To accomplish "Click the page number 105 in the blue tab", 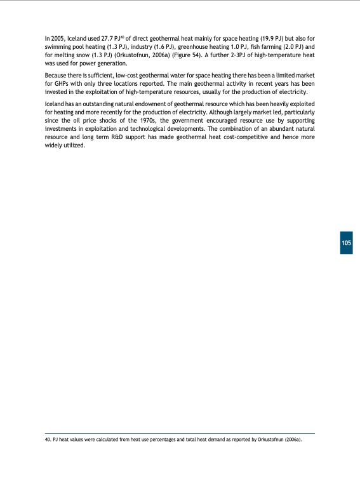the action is (x=345, y=244).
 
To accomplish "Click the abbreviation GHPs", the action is (x=61, y=84).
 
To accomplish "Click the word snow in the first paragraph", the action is (x=90, y=55).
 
